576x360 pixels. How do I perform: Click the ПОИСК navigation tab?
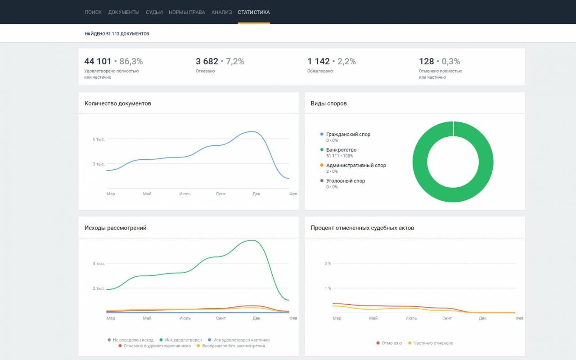tap(93, 12)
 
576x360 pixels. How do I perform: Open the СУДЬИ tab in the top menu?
tap(154, 12)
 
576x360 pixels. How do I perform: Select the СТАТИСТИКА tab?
tap(253, 12)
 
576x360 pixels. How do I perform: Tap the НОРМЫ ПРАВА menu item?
tap(187, 12)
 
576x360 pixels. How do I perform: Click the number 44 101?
tap(98, 61)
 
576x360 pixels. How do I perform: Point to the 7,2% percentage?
tap(235, 61)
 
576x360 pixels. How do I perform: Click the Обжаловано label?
tap(320, 71)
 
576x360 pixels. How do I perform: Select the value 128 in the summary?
tap(426, 61)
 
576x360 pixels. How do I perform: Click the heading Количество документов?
tap(118, 103)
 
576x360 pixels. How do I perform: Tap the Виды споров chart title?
tap(328, 103)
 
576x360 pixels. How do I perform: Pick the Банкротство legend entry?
tap(341, 150)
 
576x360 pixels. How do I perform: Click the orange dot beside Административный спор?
tap(322, 165)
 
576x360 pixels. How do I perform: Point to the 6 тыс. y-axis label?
tap(99, 139)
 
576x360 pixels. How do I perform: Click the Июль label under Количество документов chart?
tap(185, 193)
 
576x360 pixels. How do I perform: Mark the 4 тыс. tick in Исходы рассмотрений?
tap(99, 264)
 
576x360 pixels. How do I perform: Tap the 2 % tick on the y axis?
tap(328, 264)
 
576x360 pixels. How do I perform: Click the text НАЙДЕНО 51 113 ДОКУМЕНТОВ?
tap(117, 34)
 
